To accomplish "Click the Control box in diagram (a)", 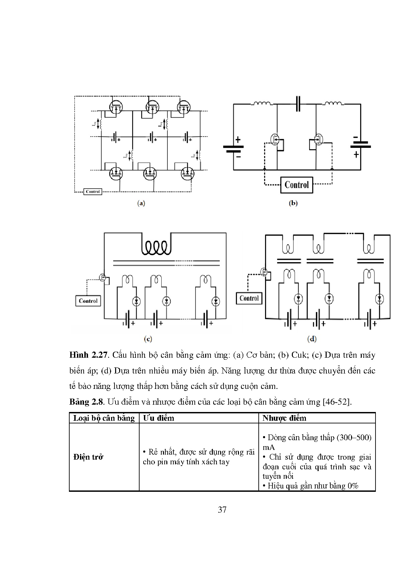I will tap(93, 192).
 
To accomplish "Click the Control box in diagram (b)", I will tap(297, 185).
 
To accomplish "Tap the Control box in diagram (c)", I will tap(88, 301).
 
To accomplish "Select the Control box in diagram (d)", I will tap(249, 298).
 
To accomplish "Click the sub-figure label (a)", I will tap(141, 203).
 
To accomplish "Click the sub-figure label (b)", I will tap(293, 203).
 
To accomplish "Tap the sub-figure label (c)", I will tap(148, 339).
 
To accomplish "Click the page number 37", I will tap(222, 510).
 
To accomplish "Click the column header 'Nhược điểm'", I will tap(284, 418).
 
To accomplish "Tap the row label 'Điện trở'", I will tap(88, 457).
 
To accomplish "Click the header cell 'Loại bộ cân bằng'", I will tap(104, 418).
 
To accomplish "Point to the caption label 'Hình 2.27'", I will tap(89, 355).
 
